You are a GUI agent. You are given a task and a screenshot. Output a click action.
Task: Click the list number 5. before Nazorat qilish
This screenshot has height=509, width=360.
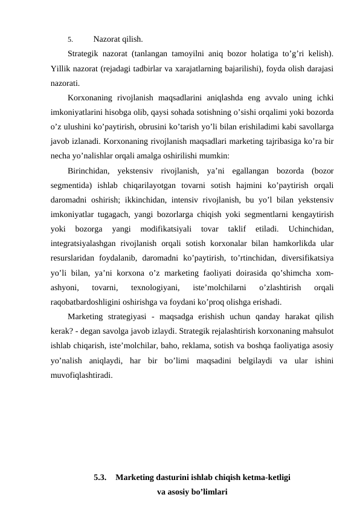[70, 40]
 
